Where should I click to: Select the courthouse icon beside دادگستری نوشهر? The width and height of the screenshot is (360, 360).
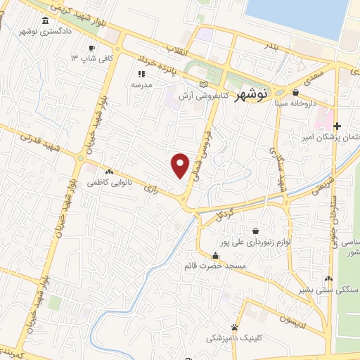(x=46, y=20)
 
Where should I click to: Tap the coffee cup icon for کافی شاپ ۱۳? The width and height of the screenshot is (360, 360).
(x=91, y=48)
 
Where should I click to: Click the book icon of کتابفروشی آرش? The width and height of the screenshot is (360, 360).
(x=205, y=84)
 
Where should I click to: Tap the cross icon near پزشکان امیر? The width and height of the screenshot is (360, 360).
(x=337, y=126)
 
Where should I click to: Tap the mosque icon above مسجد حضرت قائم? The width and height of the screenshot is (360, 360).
(x=215, y=255)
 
